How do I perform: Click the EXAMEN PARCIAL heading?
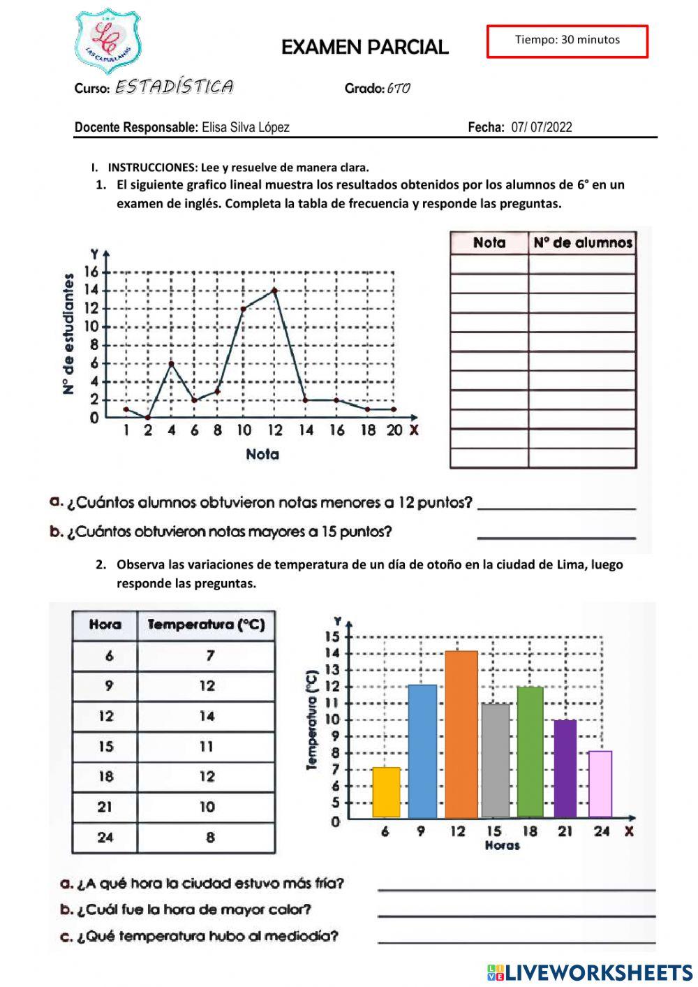pyautogui.click(x=364, y=47)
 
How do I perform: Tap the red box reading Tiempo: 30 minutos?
pyautogui.click(x=567, y=41)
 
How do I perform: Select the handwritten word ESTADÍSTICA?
pyautogui.click(x=174, y=87)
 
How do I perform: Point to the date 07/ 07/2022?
pyautogui.click(x=541, y=127)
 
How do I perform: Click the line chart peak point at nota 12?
pyautogui.click(x=274, y=290)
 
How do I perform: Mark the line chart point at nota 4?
pyautogui.click(x=172, y=363)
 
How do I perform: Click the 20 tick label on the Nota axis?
pyautogui.click(x=394, y=430)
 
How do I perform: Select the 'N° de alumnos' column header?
pyautogui.click(x=582, y=243)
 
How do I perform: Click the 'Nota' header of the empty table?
pyautogui.click(x=489, y=243)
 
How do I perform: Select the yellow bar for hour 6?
pyautogui.click(x=386, y=792)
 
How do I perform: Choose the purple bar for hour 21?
pyautogui.click(x=565, y=768)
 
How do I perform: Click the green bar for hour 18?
pyautogui.click(x=530, y=752)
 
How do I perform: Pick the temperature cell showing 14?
pyautogui.click(x=207, y=716)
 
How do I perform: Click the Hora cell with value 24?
pyautogui.click(x=105, y=837)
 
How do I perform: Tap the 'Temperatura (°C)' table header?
pyautogui.click(x=206, y=624)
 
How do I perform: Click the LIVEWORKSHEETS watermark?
pyautogui.click(x=590, y=972)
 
